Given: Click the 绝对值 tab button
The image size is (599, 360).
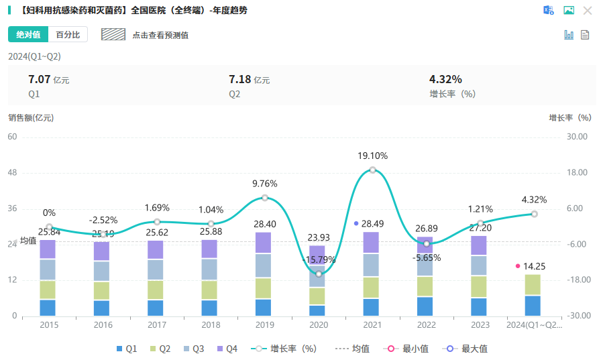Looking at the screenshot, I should (28, 34).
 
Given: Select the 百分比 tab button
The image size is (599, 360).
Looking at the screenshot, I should (68, 34).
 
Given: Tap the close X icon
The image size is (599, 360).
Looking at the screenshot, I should (588, 10).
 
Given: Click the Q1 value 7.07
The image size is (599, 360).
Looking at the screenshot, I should (39, 79).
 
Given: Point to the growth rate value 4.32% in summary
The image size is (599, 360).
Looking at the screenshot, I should (445, 79).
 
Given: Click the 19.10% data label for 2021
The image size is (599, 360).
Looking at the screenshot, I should (372, 156).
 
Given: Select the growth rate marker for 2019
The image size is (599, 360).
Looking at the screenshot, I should (265, 198).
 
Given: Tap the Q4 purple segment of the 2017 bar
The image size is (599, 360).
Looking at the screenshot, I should (156, 249).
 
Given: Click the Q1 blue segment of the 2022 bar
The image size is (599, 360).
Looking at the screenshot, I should (425, 306).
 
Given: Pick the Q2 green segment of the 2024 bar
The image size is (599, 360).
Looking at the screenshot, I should (533, 285).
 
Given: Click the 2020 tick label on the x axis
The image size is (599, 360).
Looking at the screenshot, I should (319, 325).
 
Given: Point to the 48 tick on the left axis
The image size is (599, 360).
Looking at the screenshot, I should (12, 172).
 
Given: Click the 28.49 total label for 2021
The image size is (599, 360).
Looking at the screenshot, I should (372, 223).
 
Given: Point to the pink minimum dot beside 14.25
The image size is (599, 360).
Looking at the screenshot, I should (518, 266).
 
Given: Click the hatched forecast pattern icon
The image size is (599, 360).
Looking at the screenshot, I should (113, 34).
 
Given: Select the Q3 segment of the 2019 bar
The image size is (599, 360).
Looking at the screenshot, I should (265, 265).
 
